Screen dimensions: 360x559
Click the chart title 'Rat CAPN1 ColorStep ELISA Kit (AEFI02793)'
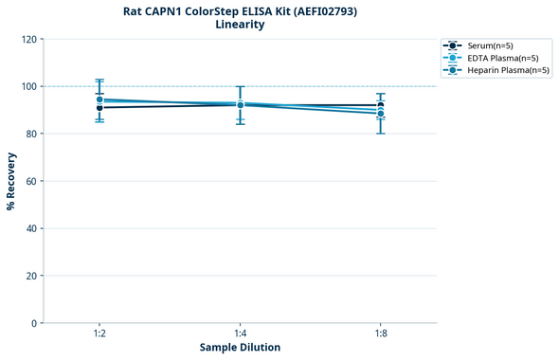click(x=240, y=11)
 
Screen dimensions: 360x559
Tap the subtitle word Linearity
click(x=240, y=25)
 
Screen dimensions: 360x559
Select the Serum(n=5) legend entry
click(x=490, y=45)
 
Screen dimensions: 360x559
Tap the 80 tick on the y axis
click(x=30, y=134)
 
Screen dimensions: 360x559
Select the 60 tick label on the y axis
click(x=30, y=181)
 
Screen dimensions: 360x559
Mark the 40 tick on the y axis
click(x=30, y=228)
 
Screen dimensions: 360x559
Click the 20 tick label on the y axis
click(x=30, y=276)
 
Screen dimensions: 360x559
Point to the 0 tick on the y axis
click(x=33, y=323)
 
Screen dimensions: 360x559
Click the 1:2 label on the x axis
click(x=99, y=333)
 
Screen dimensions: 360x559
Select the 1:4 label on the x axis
click(x=240, y=333)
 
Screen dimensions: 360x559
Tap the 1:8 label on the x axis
click(x=380, y=333)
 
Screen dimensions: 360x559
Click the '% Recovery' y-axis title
click(x=11, y=181)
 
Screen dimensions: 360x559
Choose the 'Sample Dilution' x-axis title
click(x=240, y=348)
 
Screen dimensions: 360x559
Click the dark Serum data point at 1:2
click(x=99, y=108)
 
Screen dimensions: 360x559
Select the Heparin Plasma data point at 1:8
click(x=380, y=114)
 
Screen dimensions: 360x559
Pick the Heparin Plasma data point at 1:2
click(x=99, y=99)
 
